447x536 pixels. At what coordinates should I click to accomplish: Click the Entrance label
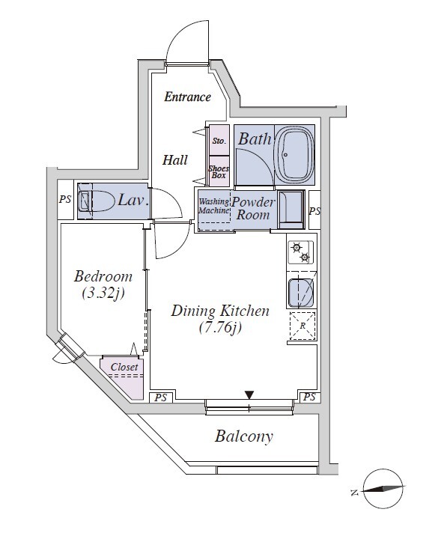187,97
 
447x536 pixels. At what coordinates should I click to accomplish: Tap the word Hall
174,160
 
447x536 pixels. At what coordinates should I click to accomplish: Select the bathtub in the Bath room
294,155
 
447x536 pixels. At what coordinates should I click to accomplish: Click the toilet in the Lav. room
96,201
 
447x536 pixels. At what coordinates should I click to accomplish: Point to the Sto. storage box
219,141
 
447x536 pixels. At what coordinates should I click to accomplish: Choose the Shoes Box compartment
219,171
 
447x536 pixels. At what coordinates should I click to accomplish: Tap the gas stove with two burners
301,252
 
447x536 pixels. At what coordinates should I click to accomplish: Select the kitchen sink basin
301,293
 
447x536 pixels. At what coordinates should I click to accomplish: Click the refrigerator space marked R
302,326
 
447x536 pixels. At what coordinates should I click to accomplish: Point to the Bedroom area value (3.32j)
103,293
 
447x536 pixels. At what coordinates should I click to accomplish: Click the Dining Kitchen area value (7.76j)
220,328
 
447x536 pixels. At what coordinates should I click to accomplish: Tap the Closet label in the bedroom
124,367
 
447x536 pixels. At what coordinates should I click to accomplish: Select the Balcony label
244,436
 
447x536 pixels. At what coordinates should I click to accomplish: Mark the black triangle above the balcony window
249,395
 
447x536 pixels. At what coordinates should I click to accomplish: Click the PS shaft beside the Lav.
65,199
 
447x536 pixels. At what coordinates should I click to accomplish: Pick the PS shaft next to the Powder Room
314,210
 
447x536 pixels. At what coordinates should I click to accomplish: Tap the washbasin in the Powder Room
291,210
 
